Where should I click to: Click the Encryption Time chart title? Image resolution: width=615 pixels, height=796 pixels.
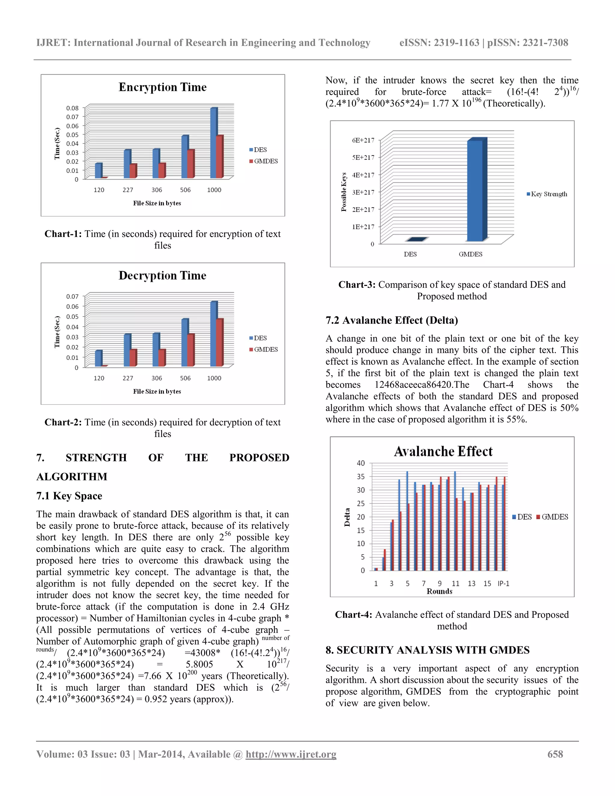tap(162, 87)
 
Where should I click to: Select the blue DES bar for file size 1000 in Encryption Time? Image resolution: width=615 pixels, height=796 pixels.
tap(214, 143)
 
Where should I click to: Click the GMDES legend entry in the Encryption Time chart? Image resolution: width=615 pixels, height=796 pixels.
tap(263, 161)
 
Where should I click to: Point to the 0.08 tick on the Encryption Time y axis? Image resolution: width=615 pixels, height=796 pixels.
tap(72, 108)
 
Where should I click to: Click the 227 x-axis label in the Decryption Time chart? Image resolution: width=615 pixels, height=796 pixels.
tap(128, 378)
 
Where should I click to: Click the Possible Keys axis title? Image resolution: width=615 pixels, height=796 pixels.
tap(344, 192)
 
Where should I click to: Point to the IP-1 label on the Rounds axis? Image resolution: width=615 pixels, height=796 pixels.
tap(504, 584)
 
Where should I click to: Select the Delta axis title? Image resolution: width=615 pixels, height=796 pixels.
tap(347, 517)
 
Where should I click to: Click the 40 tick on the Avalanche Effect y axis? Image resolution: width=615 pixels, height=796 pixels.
tap(361, 463)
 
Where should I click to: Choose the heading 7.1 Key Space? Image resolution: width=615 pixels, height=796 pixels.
tap(69, 496)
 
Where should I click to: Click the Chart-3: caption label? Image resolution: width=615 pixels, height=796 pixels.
tap(357, 285)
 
